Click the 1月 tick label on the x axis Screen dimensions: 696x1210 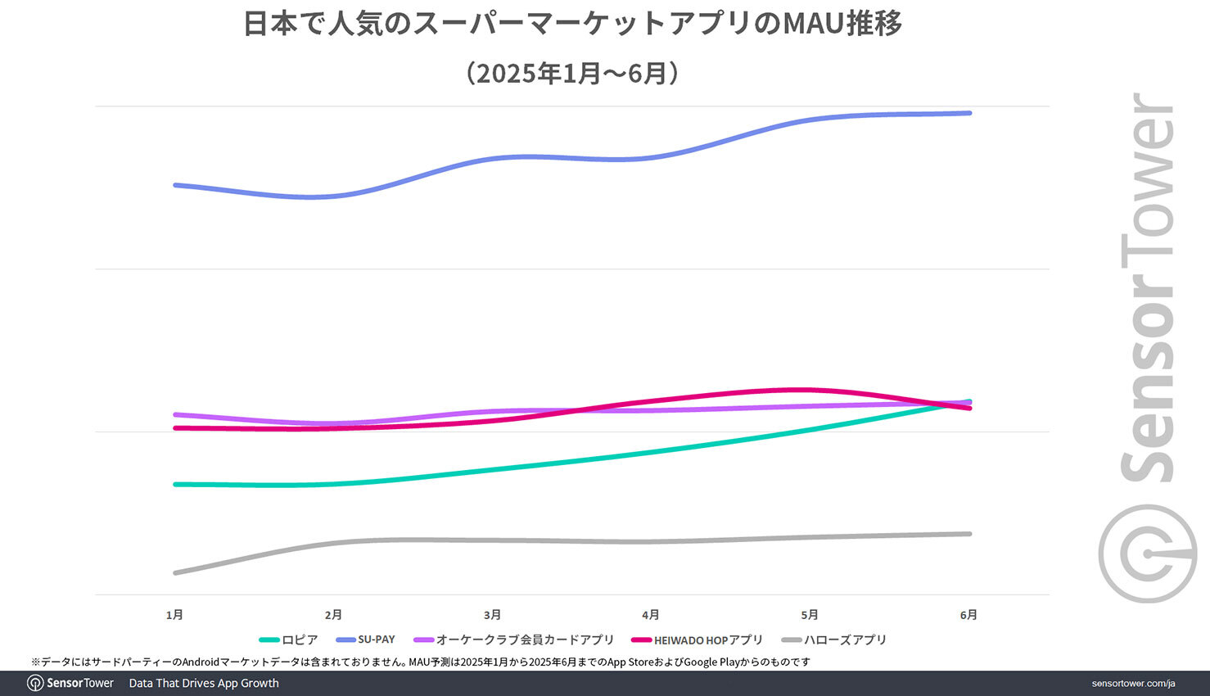point(174,615)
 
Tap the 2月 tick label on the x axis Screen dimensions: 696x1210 point(333,615)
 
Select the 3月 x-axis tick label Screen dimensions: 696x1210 point(492,615)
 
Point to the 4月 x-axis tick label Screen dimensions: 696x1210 point(651,615)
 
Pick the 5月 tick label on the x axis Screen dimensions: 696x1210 point(810,615)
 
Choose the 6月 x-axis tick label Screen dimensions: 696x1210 point(968,615)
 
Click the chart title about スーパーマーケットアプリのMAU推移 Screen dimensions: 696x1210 point(573,25)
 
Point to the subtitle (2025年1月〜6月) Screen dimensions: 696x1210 point(573,74)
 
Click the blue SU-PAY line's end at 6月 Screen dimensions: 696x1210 point(970,113)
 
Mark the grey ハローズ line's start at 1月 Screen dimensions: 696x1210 point(175,572)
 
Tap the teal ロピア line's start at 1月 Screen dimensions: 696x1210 point(175,484)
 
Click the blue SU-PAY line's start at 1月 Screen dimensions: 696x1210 point(175,185)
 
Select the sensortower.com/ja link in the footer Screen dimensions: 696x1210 point(1133,684)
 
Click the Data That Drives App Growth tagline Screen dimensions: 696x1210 point(204,684)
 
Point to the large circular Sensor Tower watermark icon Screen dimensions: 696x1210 point(1148,554)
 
